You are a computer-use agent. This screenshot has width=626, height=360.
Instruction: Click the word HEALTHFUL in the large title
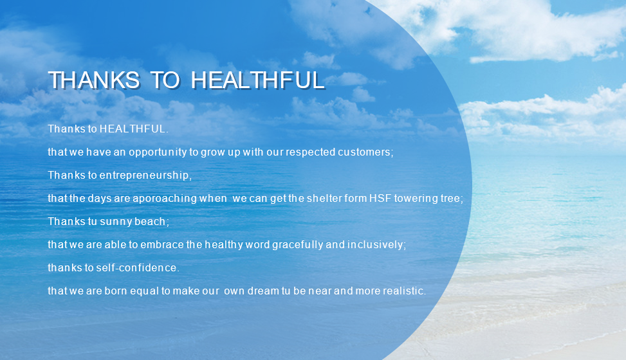(257, 80)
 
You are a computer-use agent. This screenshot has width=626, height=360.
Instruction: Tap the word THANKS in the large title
(94, 80)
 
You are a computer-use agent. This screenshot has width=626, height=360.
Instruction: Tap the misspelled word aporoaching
(164, 199)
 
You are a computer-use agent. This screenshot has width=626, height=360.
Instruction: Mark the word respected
(311, 152)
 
